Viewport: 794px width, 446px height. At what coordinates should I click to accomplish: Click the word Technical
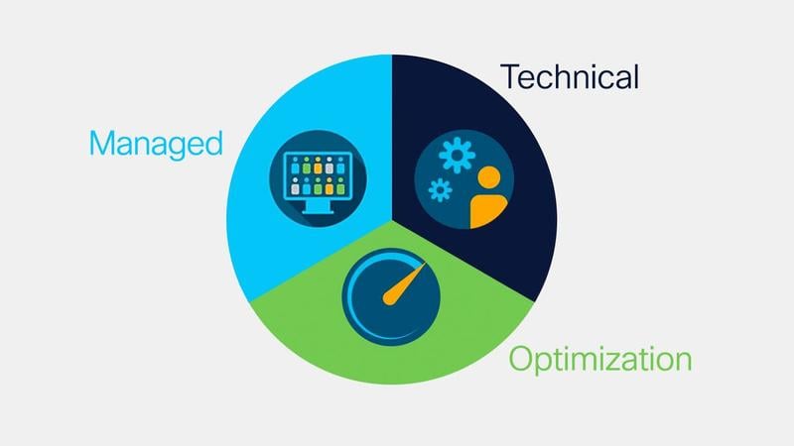(x=570, y=77)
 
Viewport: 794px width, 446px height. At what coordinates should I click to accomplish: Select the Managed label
(x=156, y=145)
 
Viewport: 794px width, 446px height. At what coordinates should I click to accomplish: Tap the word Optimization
(x=600, y=360)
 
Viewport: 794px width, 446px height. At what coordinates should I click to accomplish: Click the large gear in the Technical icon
(x=457, y=155)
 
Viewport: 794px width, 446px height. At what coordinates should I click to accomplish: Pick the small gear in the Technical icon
(x=440, y=190)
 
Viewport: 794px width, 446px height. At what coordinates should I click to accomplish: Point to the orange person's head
(x=488, y=178)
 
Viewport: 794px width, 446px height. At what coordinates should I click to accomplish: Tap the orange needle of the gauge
(x=403, y=285)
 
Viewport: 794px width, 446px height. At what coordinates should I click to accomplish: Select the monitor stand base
(x=318, y=211)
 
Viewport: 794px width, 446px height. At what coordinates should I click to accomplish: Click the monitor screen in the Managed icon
(x=318, y=175)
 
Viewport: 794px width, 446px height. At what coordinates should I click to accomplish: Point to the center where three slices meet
(x=391, y=220)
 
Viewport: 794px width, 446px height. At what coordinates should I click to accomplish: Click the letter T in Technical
(x=510, y=77)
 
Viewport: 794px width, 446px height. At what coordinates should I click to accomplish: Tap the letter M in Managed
(x=101, y=143)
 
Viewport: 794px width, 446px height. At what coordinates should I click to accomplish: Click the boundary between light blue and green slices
(x=321, y=261)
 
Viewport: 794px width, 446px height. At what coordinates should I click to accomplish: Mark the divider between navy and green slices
(x=463, y=261)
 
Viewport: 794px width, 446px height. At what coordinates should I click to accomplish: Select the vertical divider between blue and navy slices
(x=391, y=137)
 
